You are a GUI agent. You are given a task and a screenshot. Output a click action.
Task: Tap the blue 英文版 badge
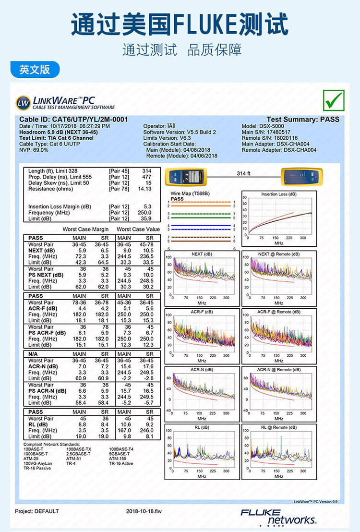tap(35, 69)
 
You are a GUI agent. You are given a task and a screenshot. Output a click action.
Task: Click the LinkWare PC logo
tap(65, 102)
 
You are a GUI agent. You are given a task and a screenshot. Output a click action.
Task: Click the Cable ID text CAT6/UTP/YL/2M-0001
tap(74, 120)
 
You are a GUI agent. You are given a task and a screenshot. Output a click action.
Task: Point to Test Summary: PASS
tap(303, 120)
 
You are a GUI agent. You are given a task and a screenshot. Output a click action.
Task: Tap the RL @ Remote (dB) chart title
tap(279, 427)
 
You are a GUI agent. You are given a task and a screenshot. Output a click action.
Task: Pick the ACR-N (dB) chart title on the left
tap(202, 369)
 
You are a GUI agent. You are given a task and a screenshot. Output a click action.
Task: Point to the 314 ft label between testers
tap(243, 173)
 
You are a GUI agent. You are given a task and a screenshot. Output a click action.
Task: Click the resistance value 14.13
tap(144, 189)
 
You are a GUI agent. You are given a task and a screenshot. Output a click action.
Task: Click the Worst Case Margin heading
tap(85, 230)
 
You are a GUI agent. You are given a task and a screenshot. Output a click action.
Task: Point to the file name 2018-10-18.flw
tap(144, 511)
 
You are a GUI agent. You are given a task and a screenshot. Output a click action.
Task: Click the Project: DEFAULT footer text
tap(37, 511)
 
